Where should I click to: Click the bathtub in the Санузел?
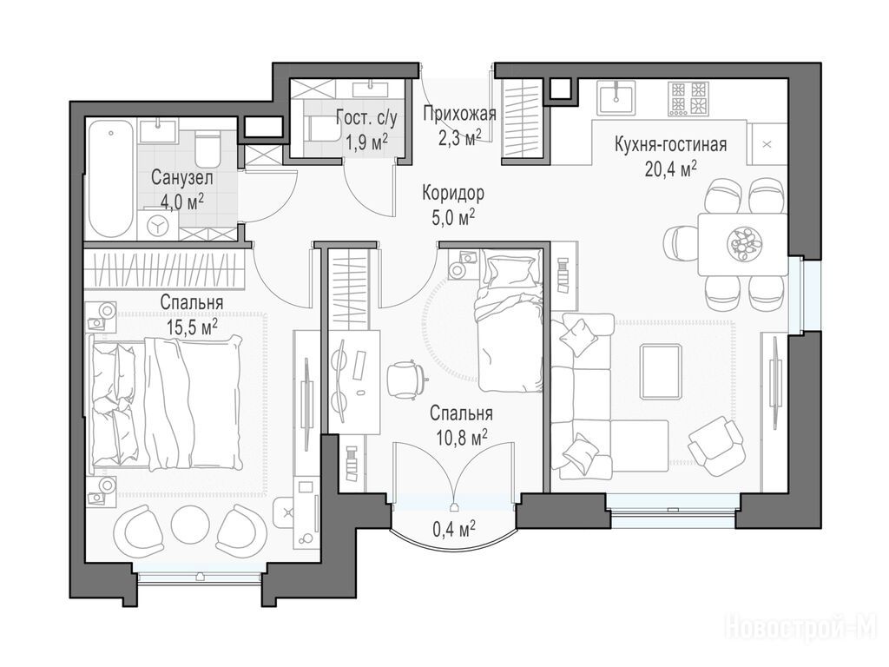[x=112, y=179]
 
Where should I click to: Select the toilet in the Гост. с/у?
[x=322, y=129]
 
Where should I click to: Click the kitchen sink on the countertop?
[x=616, y=97]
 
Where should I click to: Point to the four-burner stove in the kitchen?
[x=688, y=99]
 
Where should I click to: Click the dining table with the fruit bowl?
[x=743, y=244]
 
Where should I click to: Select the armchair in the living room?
[x=715, y=443]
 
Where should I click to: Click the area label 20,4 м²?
[x=671, y=168]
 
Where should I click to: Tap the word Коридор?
[x=453, y=194]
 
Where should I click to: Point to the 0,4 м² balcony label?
[x=454, y=529]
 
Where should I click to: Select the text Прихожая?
[x=460, y=114]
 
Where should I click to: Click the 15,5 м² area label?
[x=192, y=327]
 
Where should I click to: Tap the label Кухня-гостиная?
[x=671, y=145]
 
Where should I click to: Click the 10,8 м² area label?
[x=462, y=438]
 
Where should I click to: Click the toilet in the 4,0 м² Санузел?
[x=206, y=148]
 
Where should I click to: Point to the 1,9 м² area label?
[x=367, y=142]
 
